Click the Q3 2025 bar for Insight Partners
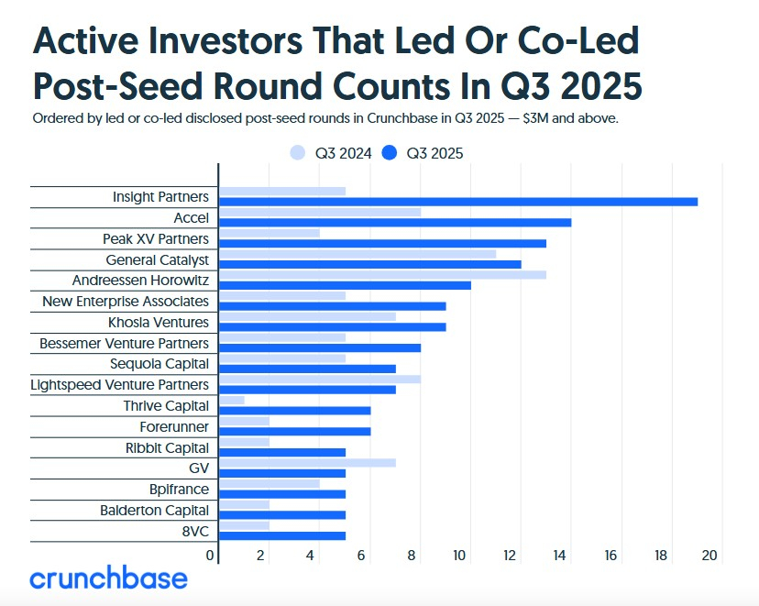(x=458, y=201)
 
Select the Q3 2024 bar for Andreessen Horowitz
(x=382, y=274)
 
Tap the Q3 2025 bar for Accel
(x=395, y=222)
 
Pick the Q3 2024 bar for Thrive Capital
(x=232, y=400)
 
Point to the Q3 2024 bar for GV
(x=307, y=462)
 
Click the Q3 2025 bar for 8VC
(x=282, y=535)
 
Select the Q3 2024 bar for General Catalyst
(x=357, y=253)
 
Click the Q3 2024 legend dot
(x=297, y=153)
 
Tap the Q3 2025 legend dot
(x=390, y=153)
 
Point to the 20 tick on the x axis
(x=708, y=555)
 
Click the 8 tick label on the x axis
(x=412, y=555)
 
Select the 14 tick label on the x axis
(x=560, y=555)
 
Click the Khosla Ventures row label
(x=159, y=323)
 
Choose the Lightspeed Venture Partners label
(x=120, y=385)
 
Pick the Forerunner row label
(x=174, y=426)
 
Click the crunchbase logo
(x=108, y=578)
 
